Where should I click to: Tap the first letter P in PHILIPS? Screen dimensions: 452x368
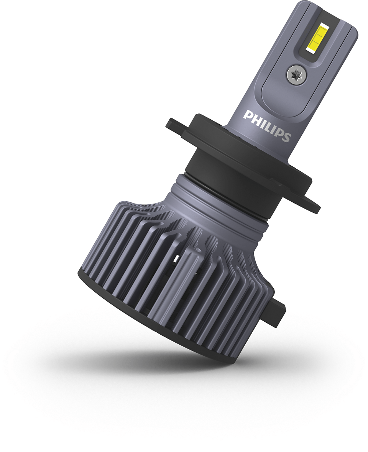(x=247, y=114)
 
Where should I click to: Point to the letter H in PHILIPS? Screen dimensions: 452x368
(x=255, y=118)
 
